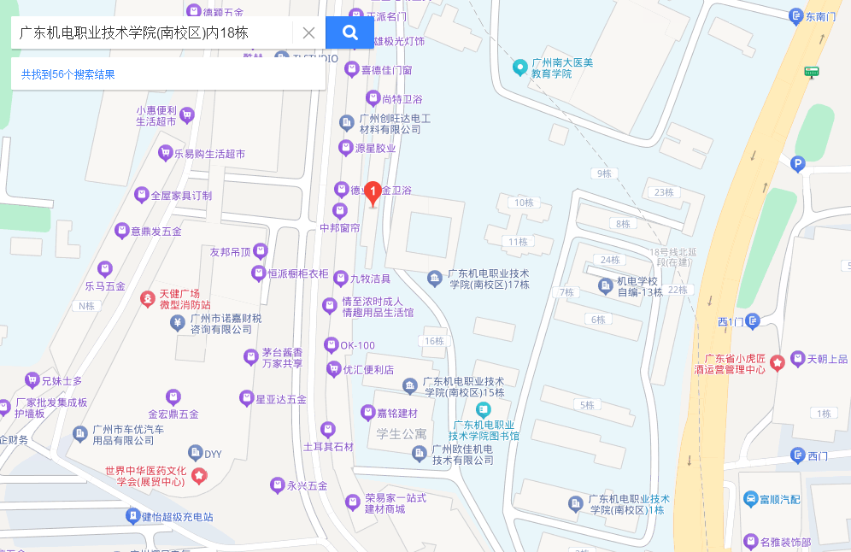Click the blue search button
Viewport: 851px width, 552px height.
tap(349, 32)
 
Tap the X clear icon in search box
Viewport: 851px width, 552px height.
tap(308, 32)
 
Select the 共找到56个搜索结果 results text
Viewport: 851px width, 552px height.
tap(68, 74)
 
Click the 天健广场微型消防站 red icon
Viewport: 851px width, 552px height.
tap(148, 299)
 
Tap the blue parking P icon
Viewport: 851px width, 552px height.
tap(798, 164)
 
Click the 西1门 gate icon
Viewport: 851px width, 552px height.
tap(752, 320)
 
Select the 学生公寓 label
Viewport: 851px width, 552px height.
tap(402, 434)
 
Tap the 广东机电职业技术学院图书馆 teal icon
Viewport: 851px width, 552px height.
tap(484, 409)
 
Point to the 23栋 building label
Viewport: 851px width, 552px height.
tap(664, 192)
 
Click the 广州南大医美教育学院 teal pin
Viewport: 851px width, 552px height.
tap(519, 66)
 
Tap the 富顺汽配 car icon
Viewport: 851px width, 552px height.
tap(749, 499)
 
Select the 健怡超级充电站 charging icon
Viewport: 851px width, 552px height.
tap(132, 516)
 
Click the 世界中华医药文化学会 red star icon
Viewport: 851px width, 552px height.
tap(199, 476)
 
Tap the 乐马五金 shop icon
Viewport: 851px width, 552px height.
tap(105, 268)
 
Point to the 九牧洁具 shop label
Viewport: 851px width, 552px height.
tap(370, 279)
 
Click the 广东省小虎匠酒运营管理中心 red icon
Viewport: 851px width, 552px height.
tap(778, 362)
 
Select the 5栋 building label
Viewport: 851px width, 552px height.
tap(587, 405)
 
